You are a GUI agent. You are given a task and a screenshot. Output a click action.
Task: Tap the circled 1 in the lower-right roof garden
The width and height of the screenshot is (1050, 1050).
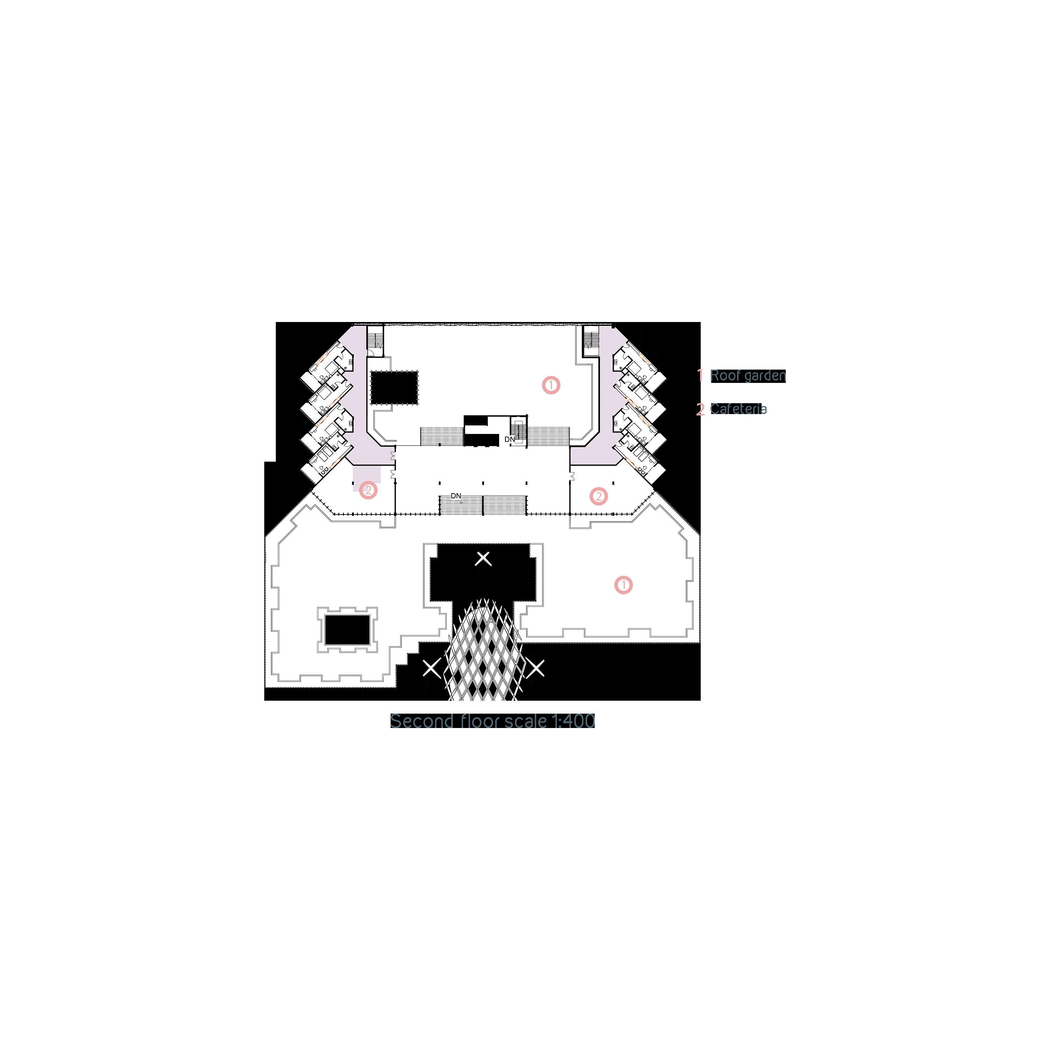623,585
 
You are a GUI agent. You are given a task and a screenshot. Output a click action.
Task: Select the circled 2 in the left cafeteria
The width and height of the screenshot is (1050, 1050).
368,490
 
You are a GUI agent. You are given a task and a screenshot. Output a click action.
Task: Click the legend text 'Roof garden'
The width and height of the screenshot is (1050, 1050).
748,376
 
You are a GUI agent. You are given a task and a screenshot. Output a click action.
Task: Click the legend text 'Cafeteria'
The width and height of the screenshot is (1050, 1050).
738,409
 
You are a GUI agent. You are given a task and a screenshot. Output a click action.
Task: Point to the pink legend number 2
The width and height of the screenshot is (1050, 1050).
700,409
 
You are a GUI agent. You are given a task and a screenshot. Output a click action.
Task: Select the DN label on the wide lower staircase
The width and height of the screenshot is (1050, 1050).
455,496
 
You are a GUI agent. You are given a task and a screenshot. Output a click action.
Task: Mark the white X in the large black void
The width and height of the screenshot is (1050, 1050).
483,558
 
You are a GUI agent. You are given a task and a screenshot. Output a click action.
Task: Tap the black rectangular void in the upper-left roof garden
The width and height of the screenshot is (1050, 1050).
394,387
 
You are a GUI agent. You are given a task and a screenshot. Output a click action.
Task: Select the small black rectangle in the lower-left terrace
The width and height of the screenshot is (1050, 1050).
347,629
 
